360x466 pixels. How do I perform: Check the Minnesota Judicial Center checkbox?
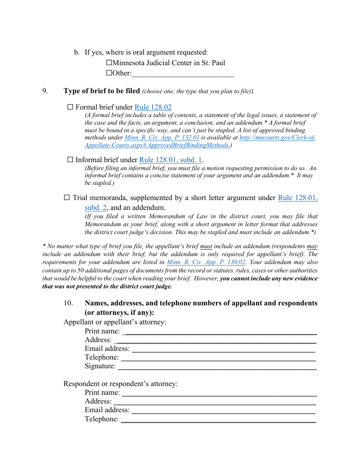109,63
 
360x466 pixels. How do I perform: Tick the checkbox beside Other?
109,73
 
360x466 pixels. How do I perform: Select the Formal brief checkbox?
70,107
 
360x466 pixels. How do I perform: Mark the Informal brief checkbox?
70,160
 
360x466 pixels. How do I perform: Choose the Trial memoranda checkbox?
67,197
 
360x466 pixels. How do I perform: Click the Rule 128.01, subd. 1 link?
171,160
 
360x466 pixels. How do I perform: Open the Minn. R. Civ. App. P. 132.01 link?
162,138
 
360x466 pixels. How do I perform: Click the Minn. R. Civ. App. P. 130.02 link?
206,262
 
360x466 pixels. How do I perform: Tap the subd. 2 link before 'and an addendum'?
95,208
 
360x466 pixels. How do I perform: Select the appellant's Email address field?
224,349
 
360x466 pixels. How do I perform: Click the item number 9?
45,91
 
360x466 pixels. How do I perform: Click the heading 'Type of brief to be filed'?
102,91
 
